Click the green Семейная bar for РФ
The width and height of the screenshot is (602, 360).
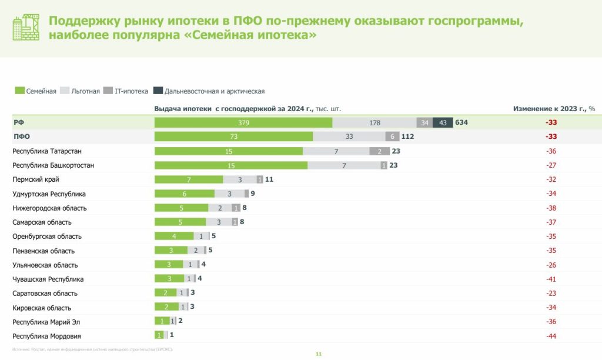pyautogui.click(x=243, y=122)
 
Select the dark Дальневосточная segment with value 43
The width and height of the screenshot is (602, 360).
pyautogui.click(x=443, y=122)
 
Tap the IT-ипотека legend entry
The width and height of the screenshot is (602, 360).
pyautogui.click(x=118, y=91)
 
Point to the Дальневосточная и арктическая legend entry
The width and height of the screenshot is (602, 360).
pyautogui.click(x=209, y=91)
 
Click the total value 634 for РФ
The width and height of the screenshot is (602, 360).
pyautogui.click(x=461, y=122)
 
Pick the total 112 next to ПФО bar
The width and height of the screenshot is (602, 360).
pyautogui.click(x=408, y=136)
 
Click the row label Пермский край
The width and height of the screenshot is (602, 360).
pyautogui.click(x=36, y=179)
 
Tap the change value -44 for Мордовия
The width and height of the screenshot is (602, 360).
pyautogui.click(x=550, y=336)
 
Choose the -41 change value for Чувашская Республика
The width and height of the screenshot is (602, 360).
pyautogui.click(x=550, y=279)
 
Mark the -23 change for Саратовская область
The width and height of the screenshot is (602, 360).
pyautogui.click(x=550, y=293)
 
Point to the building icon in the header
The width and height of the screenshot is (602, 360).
pyautogui.click(x=26, y=27)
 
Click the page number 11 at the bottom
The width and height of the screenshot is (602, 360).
pyautogui.click(x=319, y=354)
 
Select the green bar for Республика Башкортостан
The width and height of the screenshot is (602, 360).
pyautogui.click(x=230, y=165)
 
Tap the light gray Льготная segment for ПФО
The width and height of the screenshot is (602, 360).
pyautogui.click(x=349, y=136)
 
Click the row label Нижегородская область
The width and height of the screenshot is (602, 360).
pyautogui.click(x=49, y=208)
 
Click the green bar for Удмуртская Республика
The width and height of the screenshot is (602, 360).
pyautogui.click(x=184, y=194)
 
